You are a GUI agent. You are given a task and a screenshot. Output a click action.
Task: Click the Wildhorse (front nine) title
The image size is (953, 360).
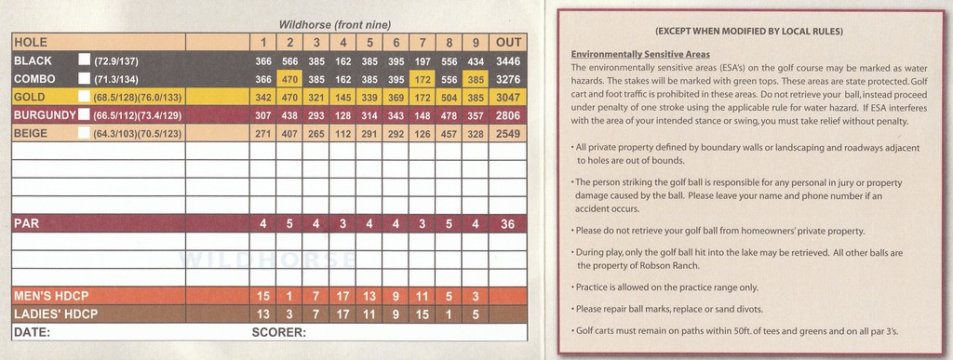pos(335,25)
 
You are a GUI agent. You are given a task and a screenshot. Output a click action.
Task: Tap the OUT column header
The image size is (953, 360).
pos(508,43)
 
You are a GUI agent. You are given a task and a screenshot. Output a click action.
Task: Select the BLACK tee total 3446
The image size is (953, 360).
pos(508,60)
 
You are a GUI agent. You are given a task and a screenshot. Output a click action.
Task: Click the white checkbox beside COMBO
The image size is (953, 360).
pos(84,77)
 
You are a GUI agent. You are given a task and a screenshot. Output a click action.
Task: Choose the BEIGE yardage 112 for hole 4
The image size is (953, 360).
pos(344,132)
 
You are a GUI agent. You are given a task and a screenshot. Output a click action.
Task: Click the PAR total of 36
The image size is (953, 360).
pos(508,224)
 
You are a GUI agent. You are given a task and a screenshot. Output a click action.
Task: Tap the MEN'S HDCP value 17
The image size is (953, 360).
pos(344,296)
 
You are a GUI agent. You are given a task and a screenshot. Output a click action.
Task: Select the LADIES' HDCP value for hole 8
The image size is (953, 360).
pos(450,313)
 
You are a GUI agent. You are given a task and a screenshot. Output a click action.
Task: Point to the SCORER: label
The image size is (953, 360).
pos(279,331)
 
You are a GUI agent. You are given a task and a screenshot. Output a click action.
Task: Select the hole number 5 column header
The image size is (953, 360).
pos(370,43)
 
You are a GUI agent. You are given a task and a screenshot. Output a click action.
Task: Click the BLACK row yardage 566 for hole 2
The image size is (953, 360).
pos(290,60)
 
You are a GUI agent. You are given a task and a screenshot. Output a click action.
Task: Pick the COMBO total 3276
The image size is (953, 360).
pos(508,78)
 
